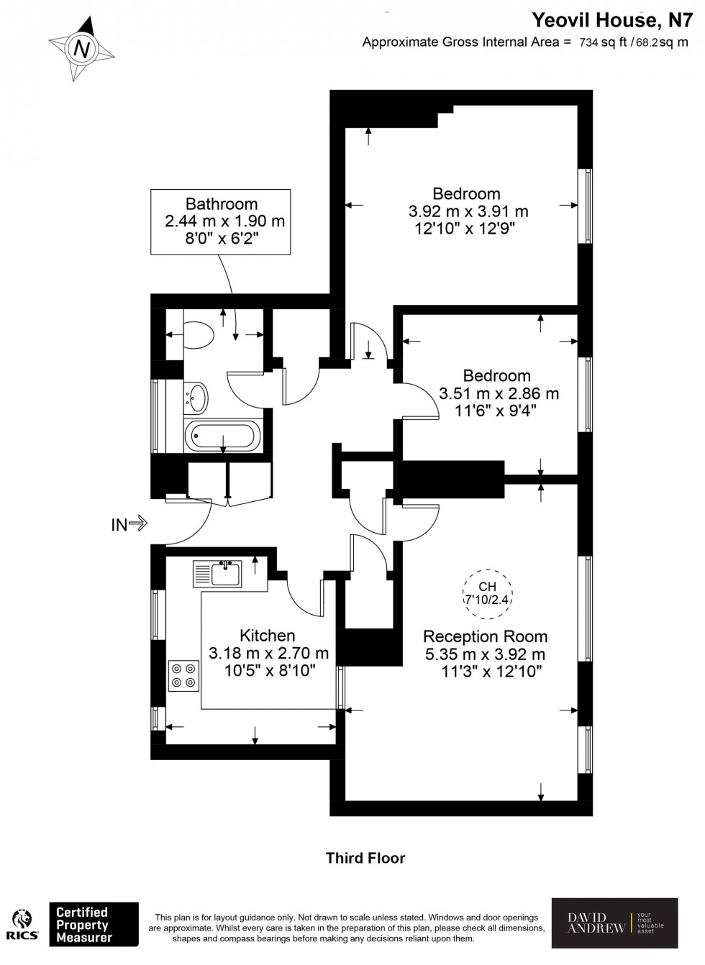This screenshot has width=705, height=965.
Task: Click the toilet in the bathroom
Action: point(200,334)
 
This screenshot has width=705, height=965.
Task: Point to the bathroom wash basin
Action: point(196,395)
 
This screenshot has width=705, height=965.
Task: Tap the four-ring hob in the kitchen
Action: point(183,674)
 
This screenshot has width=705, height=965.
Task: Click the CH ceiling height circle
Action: point(487,592)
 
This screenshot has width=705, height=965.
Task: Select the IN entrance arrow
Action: point(129,524)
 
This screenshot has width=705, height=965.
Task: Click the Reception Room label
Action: point(485,636)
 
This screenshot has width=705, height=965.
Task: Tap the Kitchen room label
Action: point(267,636)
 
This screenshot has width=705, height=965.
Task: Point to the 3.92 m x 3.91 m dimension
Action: point(468,211)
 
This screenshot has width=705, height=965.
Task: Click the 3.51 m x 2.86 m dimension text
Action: point(499,393)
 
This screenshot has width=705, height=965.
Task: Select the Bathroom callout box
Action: point(221,221)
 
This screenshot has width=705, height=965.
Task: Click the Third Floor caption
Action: point(365,858)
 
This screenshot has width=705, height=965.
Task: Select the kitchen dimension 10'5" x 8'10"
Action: point(268,670)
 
